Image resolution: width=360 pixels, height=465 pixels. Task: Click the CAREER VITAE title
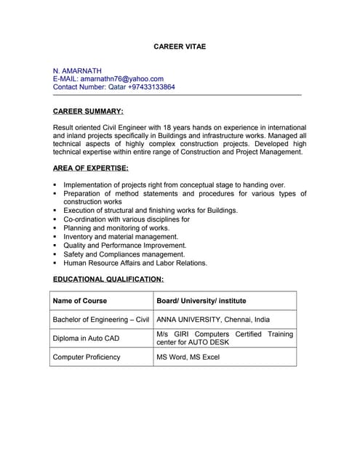(180, 46)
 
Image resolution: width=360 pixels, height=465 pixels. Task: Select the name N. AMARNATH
(77, 70)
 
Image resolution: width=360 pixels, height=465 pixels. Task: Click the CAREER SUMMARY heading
(88, 111)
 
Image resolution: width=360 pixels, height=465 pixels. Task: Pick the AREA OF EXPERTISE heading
(91, 168)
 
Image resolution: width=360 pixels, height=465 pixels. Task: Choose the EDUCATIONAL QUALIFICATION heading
(108, 279)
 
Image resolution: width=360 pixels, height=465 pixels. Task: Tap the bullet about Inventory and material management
(121, 237)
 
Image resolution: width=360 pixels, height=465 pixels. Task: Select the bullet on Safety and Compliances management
(124, 254)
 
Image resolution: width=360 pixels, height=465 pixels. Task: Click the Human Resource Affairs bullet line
(135, 263)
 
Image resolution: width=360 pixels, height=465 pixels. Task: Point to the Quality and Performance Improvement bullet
(125, 246)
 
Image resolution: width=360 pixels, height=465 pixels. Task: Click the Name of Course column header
(80, 300)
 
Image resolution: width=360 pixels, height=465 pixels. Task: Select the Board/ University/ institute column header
(201, 300)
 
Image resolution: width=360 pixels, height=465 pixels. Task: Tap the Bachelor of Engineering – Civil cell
(101, 319)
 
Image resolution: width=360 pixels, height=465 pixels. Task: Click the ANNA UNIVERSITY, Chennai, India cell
(213, 319)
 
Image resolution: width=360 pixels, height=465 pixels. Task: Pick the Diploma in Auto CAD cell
(86, 338)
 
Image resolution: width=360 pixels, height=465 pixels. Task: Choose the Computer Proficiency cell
(87, 357)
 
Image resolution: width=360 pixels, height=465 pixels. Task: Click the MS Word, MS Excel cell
(188, 357)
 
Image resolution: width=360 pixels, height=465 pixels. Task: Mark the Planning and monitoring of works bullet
(116, 228)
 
